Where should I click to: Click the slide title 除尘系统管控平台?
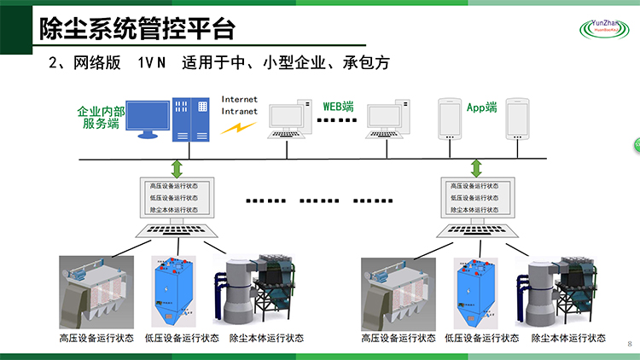click(137, 28)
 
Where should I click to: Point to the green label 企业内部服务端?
click(101, 117)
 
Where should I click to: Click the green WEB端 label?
click(338, 107)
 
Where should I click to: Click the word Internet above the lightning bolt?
click(239, 99)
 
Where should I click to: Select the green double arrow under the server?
click(176, 167)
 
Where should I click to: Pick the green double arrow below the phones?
click(477, 167)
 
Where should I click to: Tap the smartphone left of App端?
click(450, 119)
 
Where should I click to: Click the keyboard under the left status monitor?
click(173, 230)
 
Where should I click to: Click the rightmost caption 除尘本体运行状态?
click(568, 338)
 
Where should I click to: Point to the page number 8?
click(630, 344)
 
